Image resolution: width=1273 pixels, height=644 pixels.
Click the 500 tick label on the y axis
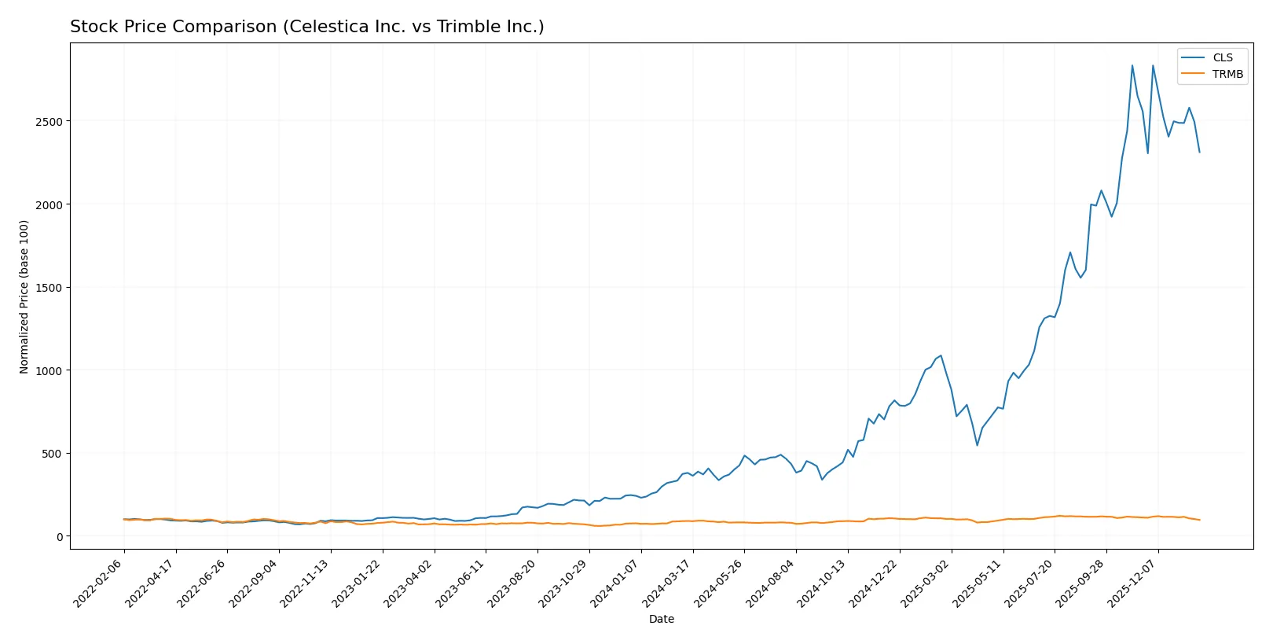click(53, 454)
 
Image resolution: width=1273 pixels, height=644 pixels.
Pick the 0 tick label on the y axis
click(59, 537)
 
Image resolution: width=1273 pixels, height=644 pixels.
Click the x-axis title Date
click(661, 620)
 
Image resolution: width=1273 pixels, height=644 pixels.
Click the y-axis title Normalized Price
click(24, 296)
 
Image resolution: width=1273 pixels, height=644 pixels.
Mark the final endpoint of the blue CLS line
click(1199, 152)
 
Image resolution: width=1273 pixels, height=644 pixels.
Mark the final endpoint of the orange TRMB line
click(1199, 520)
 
